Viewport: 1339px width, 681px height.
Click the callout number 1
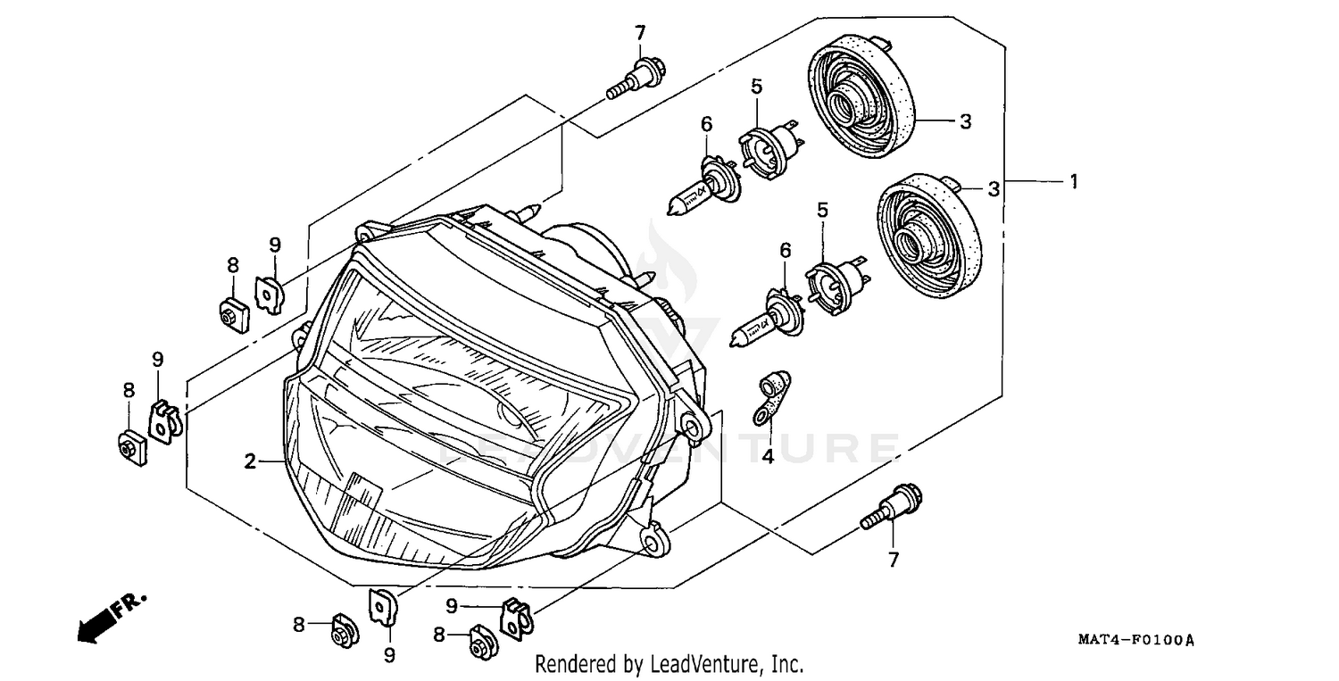[x=1074, y=181]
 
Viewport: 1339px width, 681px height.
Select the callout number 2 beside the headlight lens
[x=251, y=461]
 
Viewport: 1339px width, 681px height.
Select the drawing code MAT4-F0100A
[x=1135, y=641]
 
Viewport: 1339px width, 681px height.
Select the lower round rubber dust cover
[x=928, y=235]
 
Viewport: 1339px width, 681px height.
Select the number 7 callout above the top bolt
[x=639, y=33]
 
